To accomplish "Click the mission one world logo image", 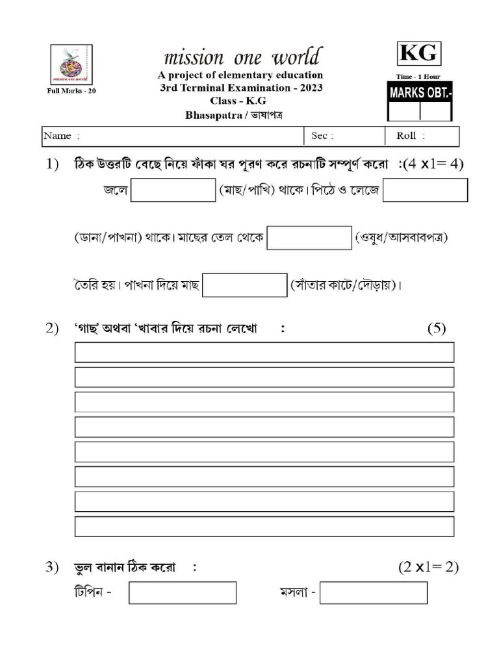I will click(x=71, y=64).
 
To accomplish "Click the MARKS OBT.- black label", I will click(x=420, y=93).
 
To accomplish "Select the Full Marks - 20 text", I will click(x=71, y=91).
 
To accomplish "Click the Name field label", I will click(x=61, y=136).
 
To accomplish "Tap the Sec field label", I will click(x=322, y=136).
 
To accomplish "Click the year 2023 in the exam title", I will click(x=311, y=88).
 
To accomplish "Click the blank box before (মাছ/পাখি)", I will click(x=173, y=190).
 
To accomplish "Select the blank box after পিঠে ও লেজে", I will click(x=425, y=190).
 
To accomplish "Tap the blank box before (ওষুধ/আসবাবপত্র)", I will click(x=309, y=238).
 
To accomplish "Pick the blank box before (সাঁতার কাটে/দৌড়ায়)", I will click(x=244, y=285).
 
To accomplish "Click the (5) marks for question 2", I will click(x=436, y=329).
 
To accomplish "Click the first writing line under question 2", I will click(x=264, y=352).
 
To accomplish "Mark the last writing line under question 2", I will click(x=264, y=526).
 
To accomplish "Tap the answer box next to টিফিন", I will click(x=183, y=593).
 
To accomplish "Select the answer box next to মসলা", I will click(x=374, y=593).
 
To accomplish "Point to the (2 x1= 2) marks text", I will click(x=428, y=567).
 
